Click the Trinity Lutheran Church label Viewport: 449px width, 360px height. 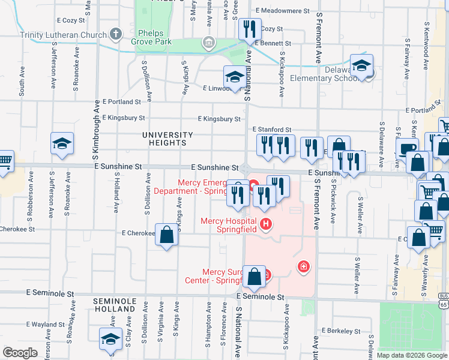pyautogui.click(x=63, y=35)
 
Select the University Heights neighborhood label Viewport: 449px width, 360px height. pyautogui.click(x=167, y=139)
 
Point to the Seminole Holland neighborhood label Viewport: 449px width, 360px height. pyautogui.click(x=114, y=304)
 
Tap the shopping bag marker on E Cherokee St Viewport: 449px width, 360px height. pyautogui.click(x=167, y=235)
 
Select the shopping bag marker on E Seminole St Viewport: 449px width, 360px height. pyautogui.click(x=255, y=277)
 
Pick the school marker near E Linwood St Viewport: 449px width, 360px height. pyautogui.click(x=234, y=76)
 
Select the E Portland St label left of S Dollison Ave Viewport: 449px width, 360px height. pyautogui.click(x=121, y=102)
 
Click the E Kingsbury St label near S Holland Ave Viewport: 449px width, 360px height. pyautogui.click(x=124, y=118)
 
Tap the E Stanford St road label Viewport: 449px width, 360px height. pyautogui.click(x=271, y=130)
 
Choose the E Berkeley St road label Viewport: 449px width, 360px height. pyautogui.click(x=340, y=331)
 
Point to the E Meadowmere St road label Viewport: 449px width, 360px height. pyautogui.click(x=282, y=11)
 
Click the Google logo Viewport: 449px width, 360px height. pyautogui.click(x=20, y=353)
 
